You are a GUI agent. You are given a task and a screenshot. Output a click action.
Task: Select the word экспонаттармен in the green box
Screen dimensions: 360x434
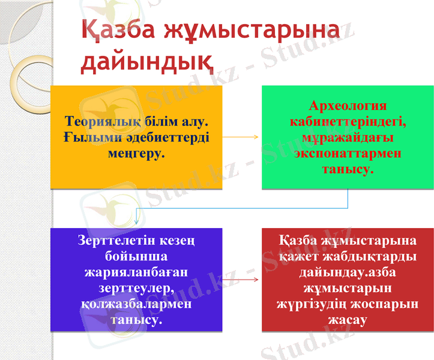coord(348,154)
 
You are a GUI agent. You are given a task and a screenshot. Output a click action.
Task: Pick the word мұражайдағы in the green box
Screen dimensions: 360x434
coord(348,138)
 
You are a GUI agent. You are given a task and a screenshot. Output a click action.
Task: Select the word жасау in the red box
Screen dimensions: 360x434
coord(348,320)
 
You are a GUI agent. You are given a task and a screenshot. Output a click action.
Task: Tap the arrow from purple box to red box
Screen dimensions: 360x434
coord(241,280)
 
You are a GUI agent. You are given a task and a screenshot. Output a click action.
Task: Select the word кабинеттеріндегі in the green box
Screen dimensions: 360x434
coord(348,122)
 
